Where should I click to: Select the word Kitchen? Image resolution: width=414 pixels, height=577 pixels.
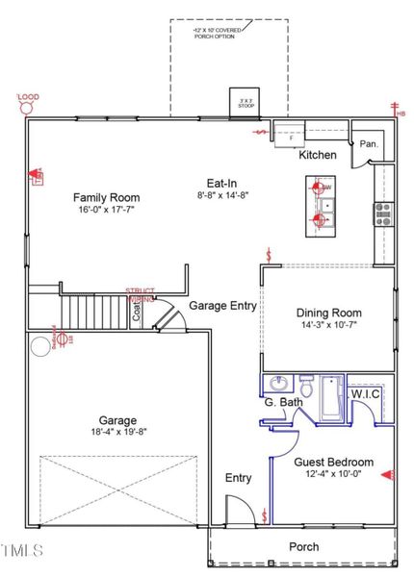318,155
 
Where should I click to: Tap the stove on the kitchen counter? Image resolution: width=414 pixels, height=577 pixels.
383,213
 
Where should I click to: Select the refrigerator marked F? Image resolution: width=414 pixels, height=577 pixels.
290,138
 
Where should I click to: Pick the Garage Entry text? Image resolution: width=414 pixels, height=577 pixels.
222,306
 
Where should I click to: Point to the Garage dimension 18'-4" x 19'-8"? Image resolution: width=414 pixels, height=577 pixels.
116,432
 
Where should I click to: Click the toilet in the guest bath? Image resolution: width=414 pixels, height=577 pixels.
306,389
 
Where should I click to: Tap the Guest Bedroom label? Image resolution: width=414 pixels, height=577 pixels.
333,463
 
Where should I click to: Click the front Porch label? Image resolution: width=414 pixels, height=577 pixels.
303,547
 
